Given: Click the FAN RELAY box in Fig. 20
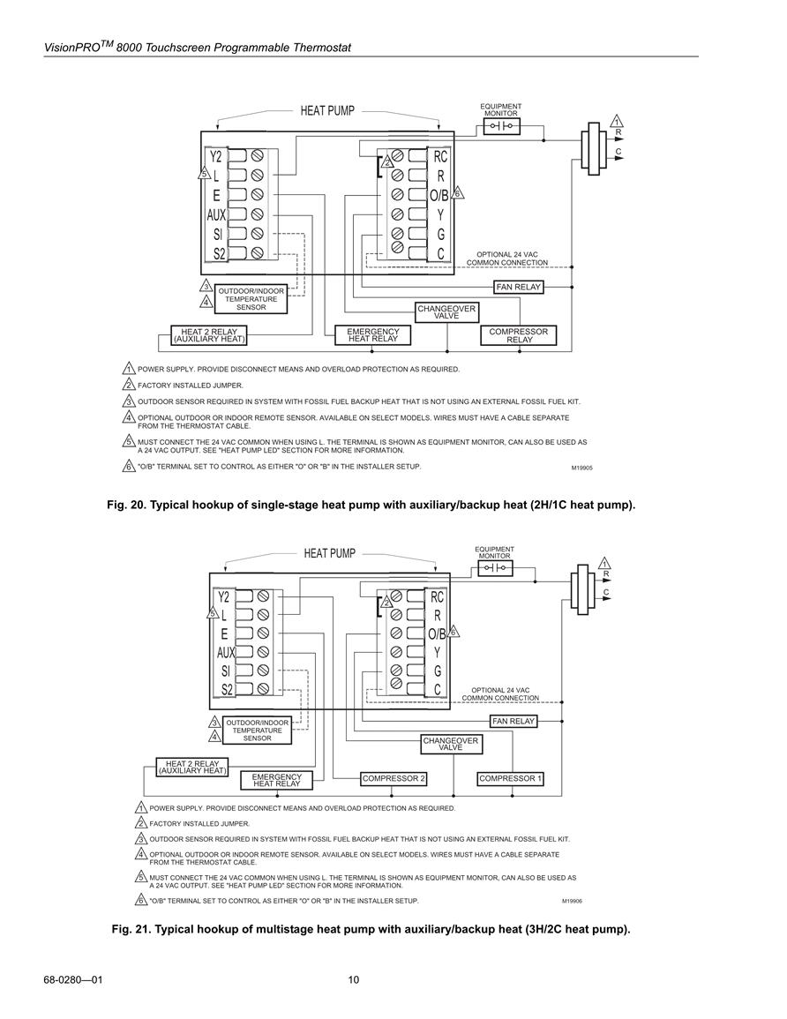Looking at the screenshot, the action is pos(518,287).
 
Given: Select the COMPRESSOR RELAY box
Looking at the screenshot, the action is pos(519,335).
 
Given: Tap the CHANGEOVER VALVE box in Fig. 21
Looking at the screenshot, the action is pos(450,744).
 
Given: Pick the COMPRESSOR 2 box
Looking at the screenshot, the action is pos(393,778).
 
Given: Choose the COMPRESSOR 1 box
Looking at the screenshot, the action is pos(510,778).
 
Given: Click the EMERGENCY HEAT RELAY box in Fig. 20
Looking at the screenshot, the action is pos(372,334).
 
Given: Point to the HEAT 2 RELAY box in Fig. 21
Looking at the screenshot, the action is pos(192,767).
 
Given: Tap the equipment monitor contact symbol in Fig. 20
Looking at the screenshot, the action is pos(502,126).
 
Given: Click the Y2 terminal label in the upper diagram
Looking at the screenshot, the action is pos(216,157).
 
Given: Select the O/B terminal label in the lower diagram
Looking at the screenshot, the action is pos(437,633).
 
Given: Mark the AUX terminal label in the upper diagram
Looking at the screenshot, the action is pos(216,215).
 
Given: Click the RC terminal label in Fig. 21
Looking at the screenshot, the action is pos(437,596).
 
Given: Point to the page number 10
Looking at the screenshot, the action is pos(354,980).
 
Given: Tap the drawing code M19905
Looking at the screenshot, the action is pos(581,468).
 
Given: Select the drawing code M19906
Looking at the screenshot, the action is pos(572,902).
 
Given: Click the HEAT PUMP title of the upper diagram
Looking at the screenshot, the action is pos(327,111).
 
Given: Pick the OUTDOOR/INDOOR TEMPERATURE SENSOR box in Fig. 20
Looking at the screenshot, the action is pos(251,299).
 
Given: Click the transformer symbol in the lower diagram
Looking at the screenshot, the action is pos(583,588).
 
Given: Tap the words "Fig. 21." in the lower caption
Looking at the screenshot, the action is pos(132,929).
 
